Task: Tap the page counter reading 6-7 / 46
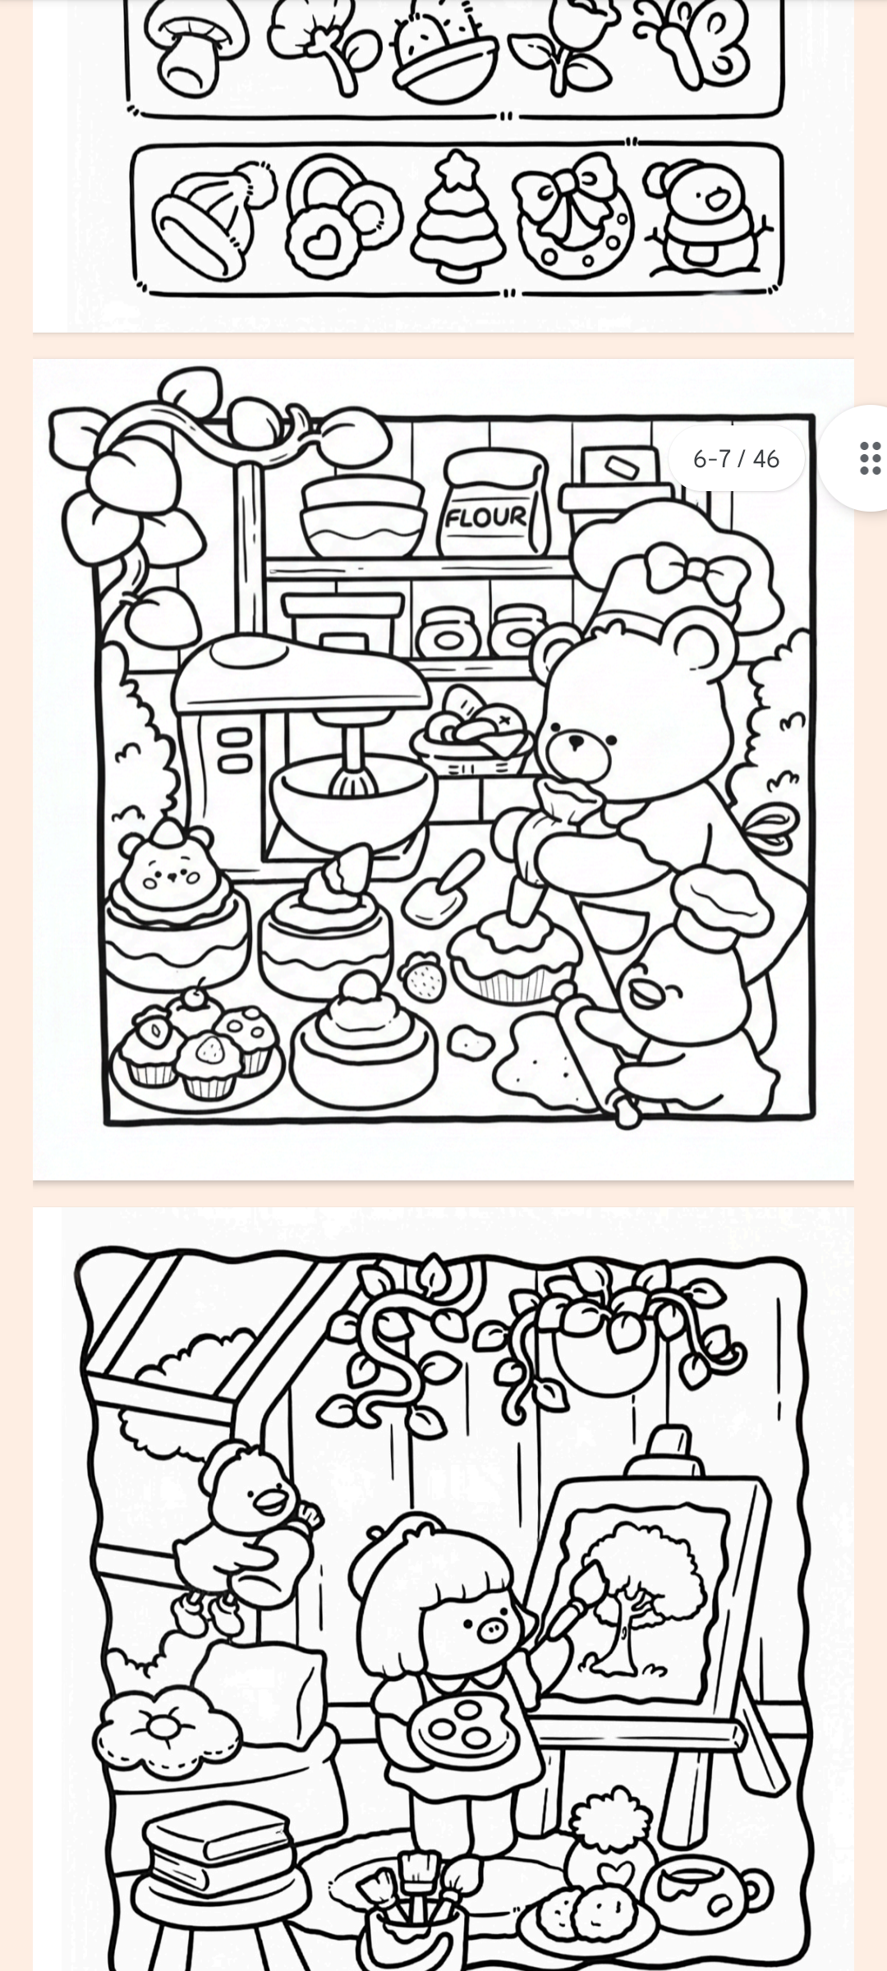(736, 458)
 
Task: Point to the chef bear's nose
(577, 742)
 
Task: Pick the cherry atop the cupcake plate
(195, 996)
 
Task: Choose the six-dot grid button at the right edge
(870, 458)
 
